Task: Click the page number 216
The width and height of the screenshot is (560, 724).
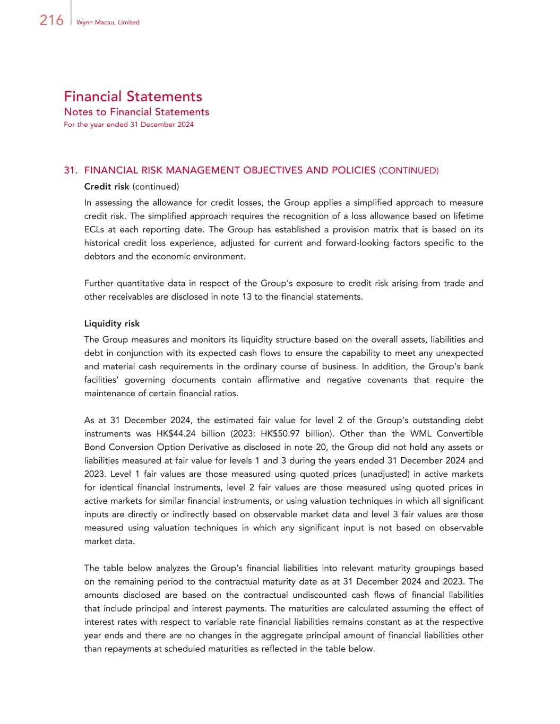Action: coord(51,20)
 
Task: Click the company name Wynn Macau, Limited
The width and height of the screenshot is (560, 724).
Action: coord(108,22)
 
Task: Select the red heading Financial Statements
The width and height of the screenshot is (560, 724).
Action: coord(133,97)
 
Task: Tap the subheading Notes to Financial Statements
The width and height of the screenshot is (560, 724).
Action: coord(136,112)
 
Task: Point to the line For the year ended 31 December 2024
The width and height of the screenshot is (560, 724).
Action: coord(128,125)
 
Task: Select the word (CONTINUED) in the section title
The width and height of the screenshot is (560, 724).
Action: coord(409,171)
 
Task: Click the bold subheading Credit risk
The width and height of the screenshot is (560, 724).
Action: coord(107,187)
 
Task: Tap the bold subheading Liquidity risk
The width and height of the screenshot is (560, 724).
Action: coord(112,324)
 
